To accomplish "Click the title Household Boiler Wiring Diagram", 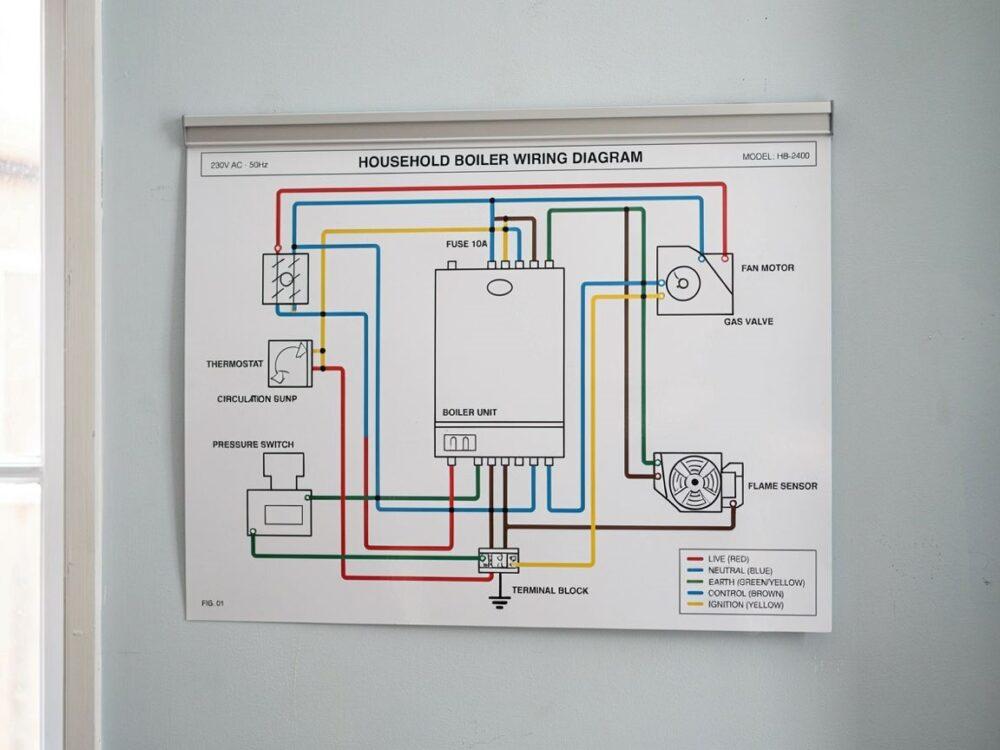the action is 500,159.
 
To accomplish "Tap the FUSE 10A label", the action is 466,244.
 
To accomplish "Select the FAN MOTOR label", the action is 767,268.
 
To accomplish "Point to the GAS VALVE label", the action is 748,321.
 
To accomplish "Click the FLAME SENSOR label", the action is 782,486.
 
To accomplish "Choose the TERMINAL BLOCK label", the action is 550,591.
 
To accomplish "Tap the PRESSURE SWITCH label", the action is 253,445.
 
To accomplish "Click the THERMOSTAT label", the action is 234,364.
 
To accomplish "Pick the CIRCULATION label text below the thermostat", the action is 244,399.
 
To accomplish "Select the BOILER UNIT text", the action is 469,412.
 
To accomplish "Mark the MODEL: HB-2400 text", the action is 776,156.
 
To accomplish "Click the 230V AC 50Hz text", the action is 239,165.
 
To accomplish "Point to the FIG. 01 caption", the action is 212,603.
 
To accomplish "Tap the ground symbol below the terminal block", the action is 499,601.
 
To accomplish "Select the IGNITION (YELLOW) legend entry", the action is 735,605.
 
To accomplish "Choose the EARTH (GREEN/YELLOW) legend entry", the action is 746,582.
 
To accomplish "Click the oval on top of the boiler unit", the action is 500,288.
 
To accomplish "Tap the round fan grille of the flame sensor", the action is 695,482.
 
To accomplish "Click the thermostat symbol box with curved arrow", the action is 290,364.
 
